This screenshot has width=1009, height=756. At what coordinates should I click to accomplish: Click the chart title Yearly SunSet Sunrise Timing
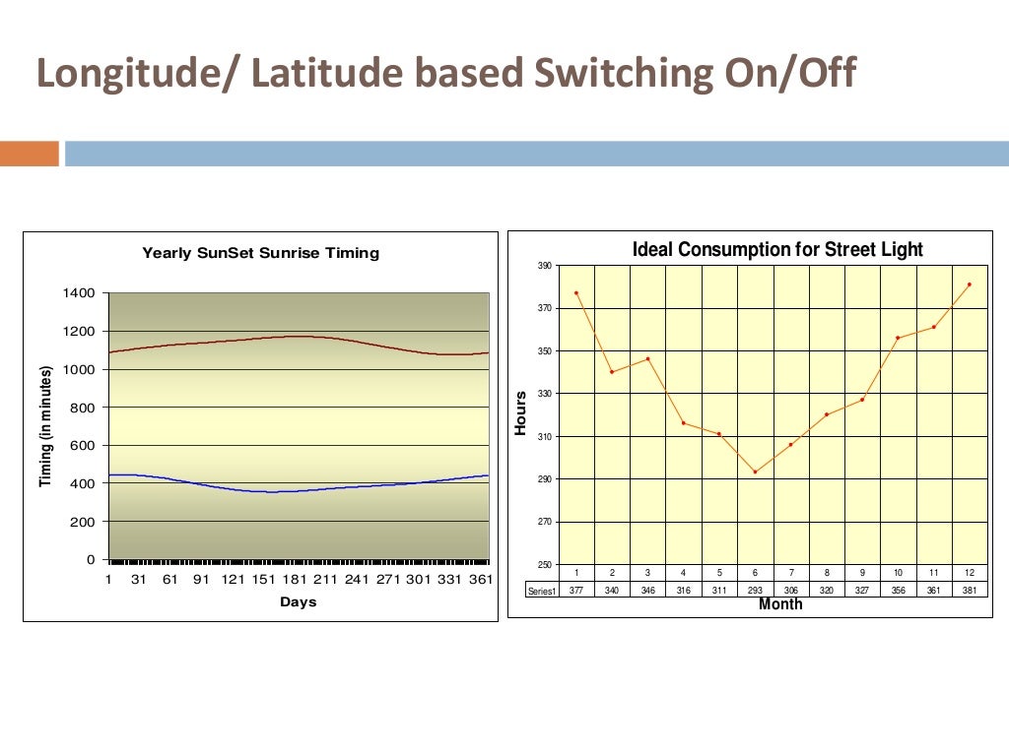260,253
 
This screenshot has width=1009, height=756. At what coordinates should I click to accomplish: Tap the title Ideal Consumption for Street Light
777,249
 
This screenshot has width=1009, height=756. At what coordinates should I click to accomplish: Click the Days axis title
298,601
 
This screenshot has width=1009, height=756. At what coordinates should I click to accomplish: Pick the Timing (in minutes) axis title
45,426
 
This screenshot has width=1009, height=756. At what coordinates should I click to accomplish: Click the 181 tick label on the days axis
297,580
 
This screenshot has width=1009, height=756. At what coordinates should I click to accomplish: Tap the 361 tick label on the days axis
479,580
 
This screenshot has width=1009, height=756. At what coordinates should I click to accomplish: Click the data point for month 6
755,472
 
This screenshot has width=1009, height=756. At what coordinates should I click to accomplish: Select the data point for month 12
970,284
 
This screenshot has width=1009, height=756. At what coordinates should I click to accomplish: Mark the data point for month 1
576,292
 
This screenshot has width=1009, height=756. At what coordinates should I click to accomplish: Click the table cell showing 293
755,590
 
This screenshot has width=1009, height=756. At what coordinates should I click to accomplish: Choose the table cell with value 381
970,590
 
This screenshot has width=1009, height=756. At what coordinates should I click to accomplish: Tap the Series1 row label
542,590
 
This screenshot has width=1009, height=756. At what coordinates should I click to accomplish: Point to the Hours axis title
521,413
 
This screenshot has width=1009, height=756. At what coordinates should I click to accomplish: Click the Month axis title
780,605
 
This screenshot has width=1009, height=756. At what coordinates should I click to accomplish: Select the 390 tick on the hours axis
544,266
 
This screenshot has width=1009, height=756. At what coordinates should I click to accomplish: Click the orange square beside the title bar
30,154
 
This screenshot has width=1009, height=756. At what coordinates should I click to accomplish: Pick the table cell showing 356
898,590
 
